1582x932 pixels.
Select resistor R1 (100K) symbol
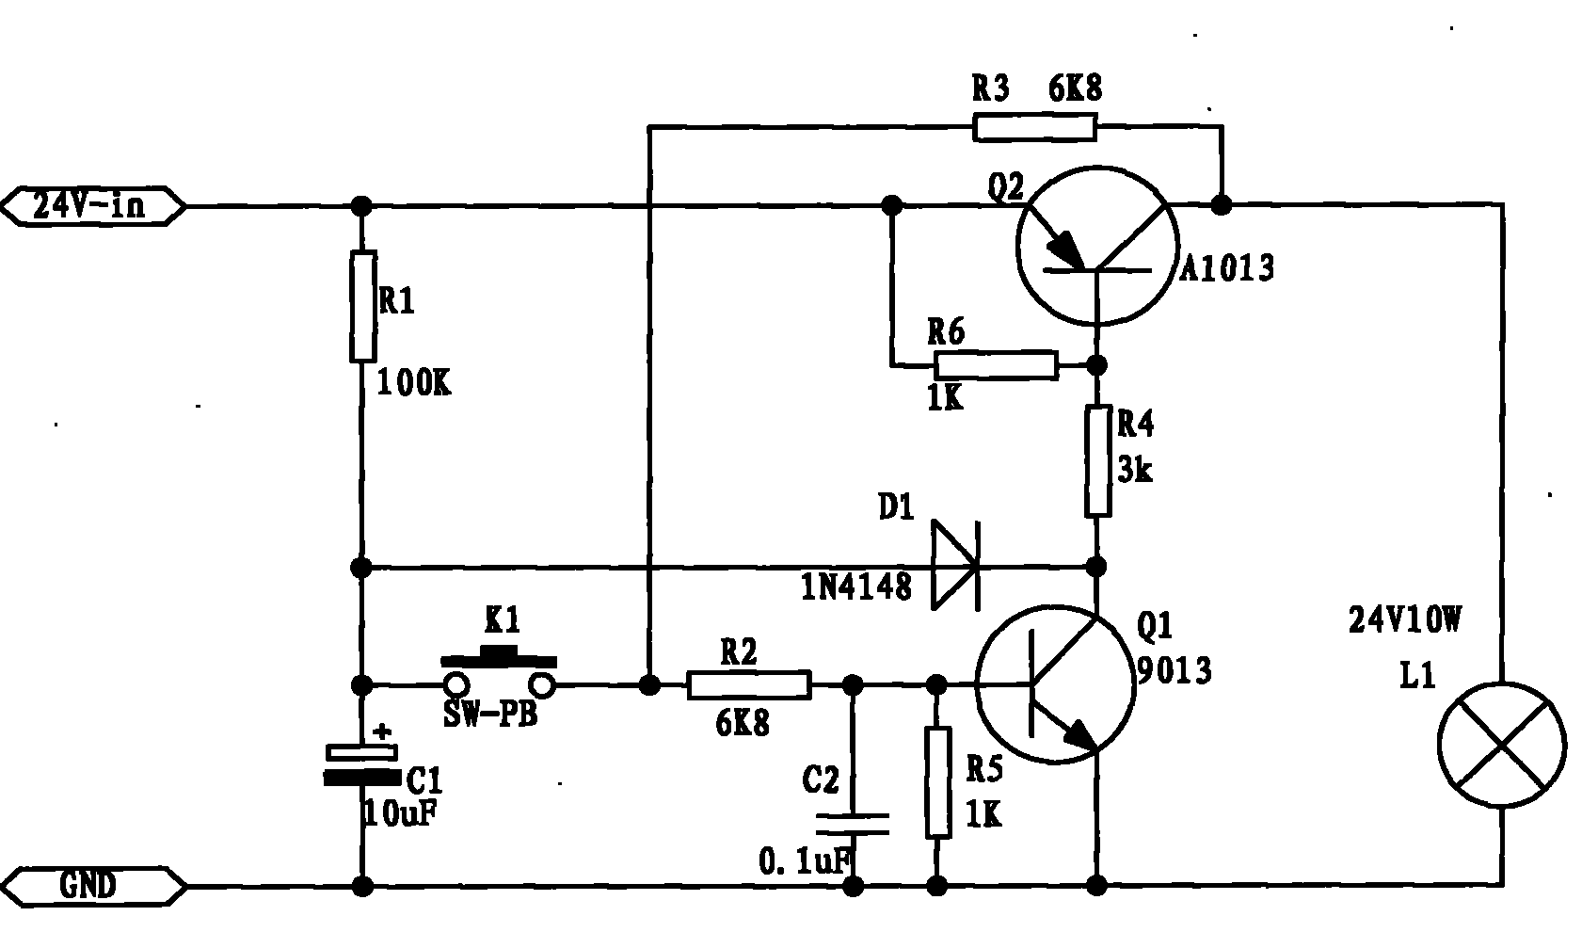(363, 306)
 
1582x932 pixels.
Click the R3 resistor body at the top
(1034, 127)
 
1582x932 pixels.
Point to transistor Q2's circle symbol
(1096, 246)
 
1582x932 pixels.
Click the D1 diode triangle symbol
(955, 567)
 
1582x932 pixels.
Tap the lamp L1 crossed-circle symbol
(1501, 745)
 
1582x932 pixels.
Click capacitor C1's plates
(362, 764)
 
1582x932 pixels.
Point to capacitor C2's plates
(853, 824)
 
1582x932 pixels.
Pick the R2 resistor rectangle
(749, 684)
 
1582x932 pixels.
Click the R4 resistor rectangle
(1097, 461)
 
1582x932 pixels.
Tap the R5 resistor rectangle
(937, 782)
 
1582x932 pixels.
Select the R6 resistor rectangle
(996, 364)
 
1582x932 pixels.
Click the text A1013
(1227, 269)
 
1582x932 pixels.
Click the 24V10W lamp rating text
(1405, 620)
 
